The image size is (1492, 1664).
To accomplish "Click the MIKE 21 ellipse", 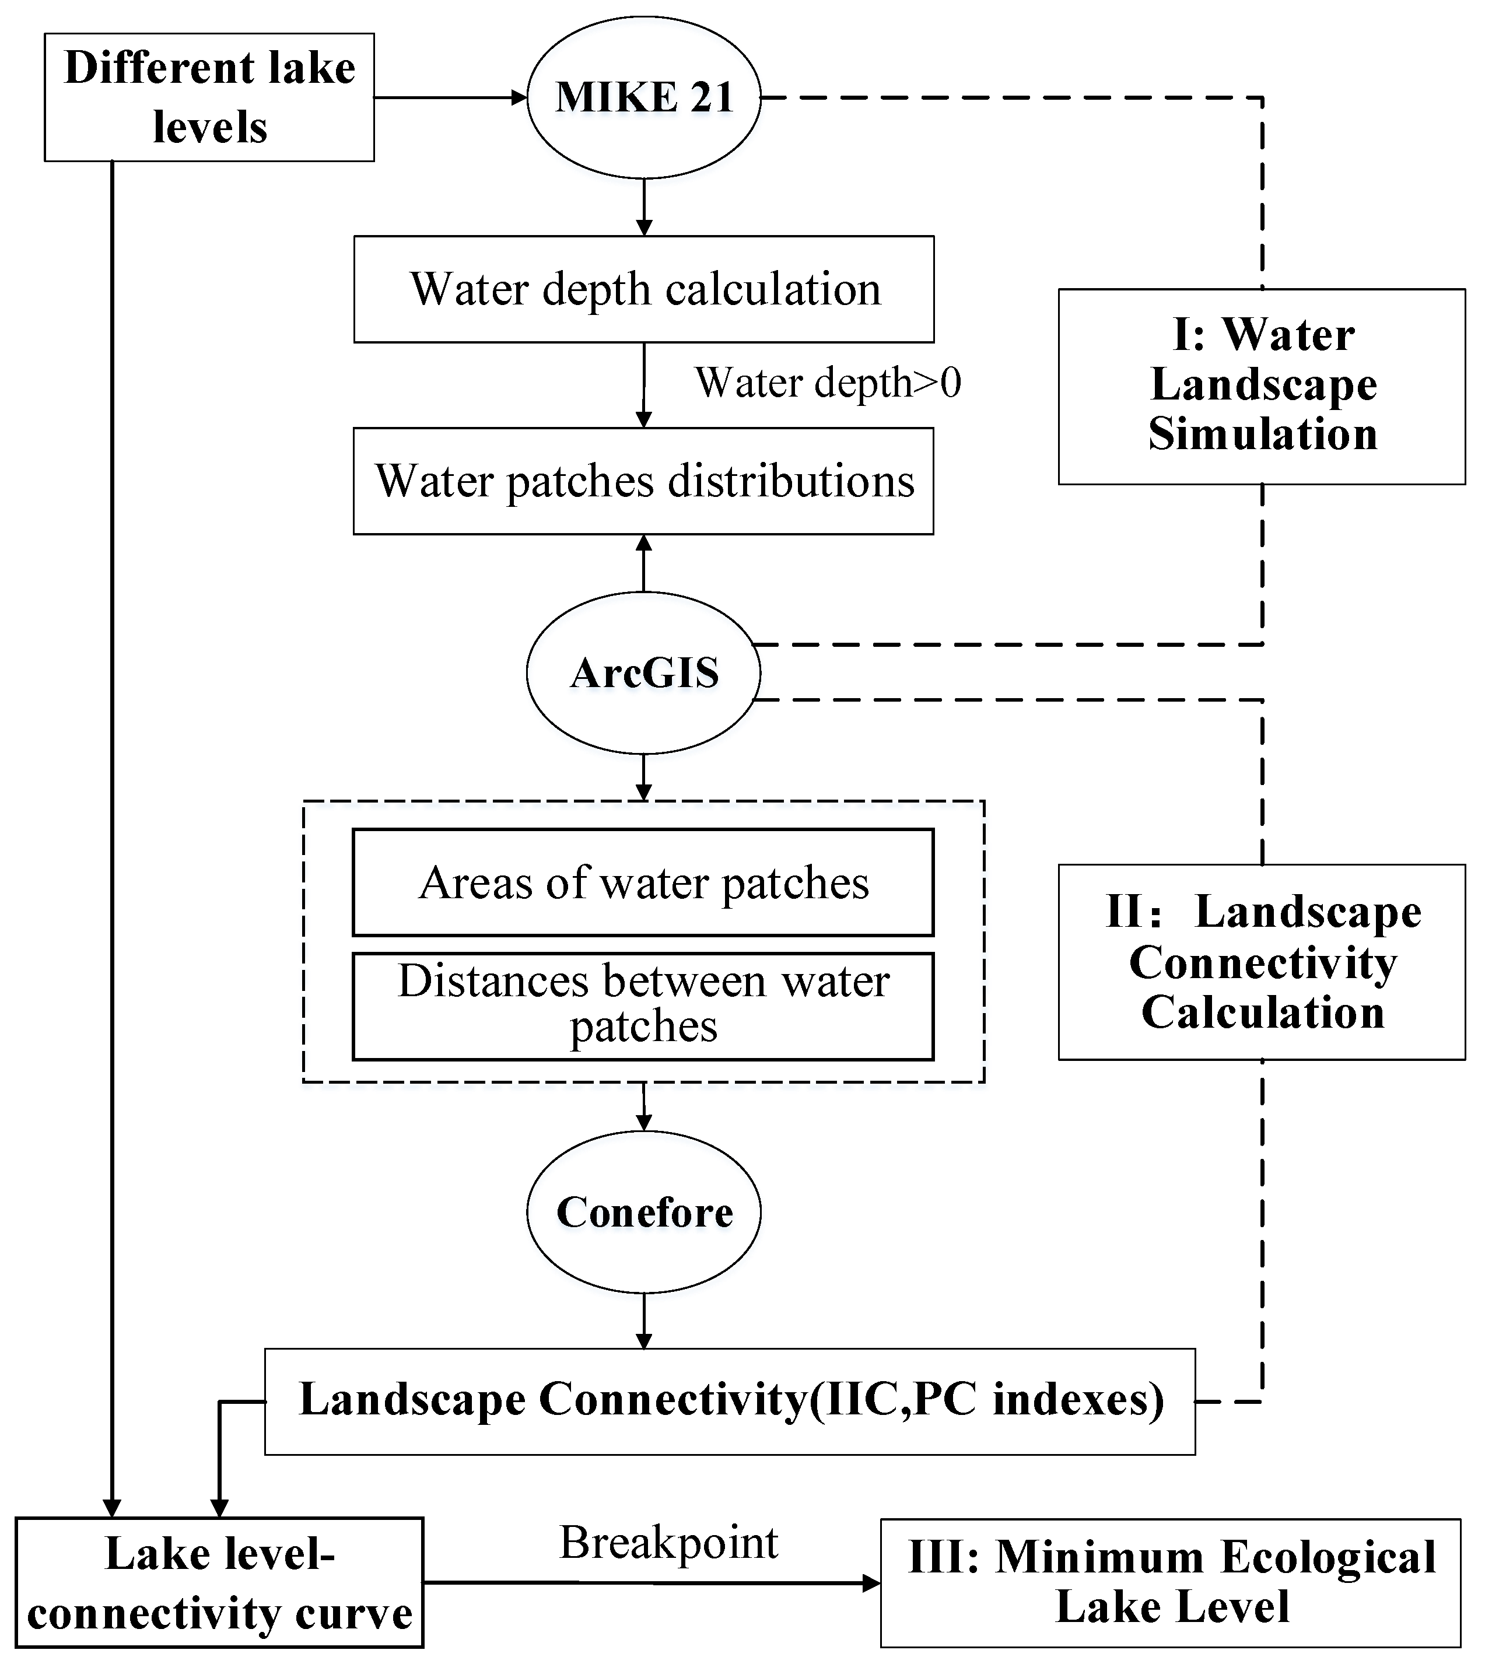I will tap(643, 97).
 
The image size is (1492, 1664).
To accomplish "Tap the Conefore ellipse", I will tap(643, 1211).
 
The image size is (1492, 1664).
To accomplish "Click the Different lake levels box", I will tap(209, 97).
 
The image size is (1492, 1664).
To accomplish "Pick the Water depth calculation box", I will tap(643, 289).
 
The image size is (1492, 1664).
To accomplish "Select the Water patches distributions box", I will tap(643, 481).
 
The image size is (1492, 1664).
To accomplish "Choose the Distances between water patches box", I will tap(643, 1005).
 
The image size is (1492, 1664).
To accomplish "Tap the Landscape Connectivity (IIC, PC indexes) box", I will tap(730, 1401).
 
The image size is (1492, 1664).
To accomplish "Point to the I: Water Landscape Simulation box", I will tap(1262, 386).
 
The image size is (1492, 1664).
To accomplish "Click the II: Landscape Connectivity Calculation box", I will tap(1262, 962).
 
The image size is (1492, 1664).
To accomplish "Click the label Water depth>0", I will tap(828, 383).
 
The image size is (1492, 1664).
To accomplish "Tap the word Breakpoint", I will tap(668, 1543).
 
